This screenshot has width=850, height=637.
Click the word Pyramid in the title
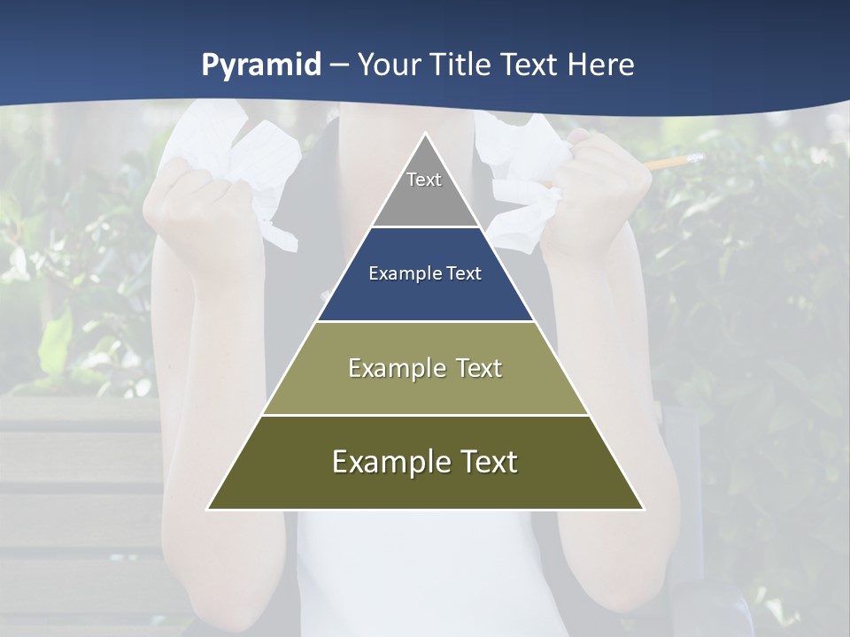point(260,65)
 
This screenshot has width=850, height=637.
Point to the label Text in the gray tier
point(424,180)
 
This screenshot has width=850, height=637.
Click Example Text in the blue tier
point(425,273)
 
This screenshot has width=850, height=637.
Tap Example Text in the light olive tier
point(425,368)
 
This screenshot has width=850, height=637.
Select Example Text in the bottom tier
point(425,462)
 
